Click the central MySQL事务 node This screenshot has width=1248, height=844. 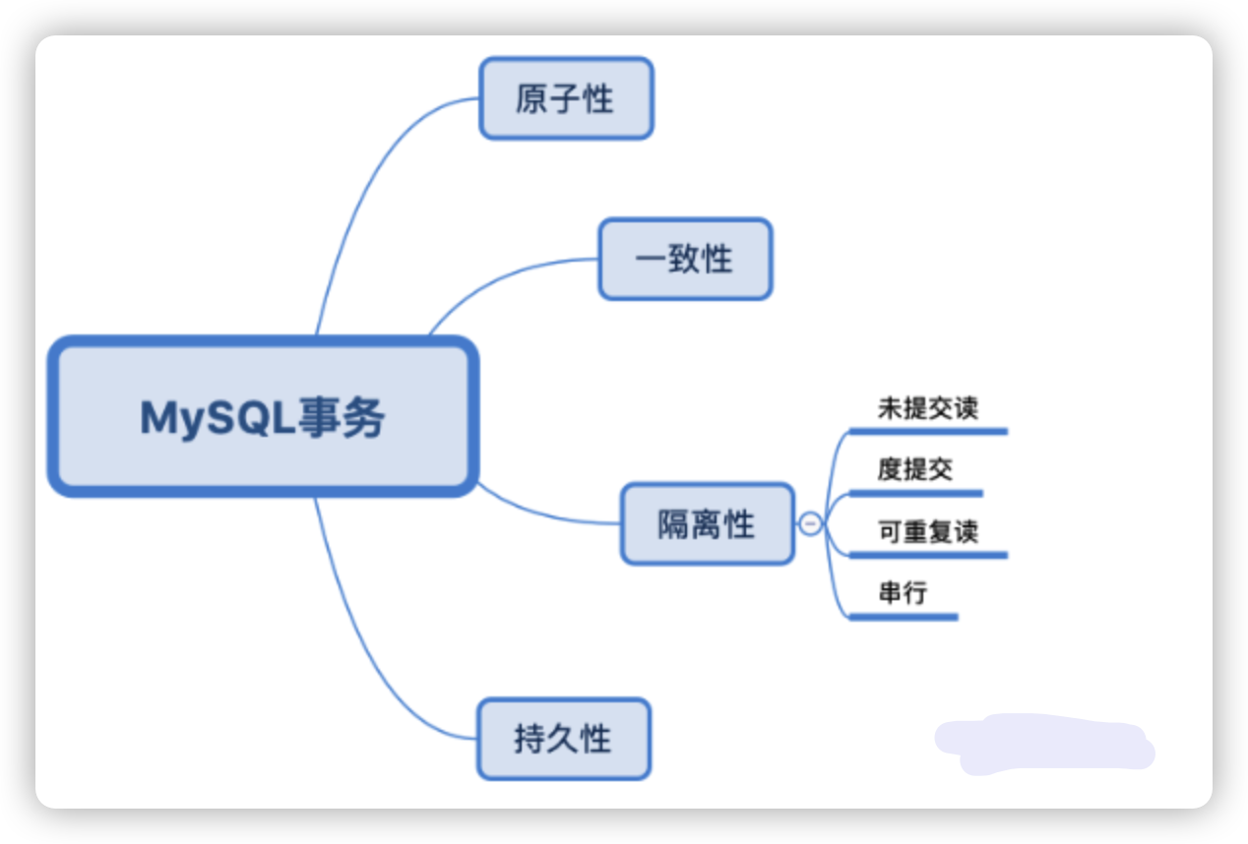[264, 417]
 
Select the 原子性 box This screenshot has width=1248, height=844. [566, 98]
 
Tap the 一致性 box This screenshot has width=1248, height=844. [685, 259]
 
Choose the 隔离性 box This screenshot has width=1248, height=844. [707, 523]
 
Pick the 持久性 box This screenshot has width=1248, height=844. [564, 739]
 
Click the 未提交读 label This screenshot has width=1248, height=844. [927, 408]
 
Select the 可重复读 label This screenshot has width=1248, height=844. [927, 532]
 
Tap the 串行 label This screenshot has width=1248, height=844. [903, 593]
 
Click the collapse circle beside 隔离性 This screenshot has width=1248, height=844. [810, 524]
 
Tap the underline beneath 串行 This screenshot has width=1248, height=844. [904, 617]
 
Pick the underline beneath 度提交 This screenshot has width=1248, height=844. [915, 493]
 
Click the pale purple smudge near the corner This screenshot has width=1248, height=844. [1043, 744]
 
